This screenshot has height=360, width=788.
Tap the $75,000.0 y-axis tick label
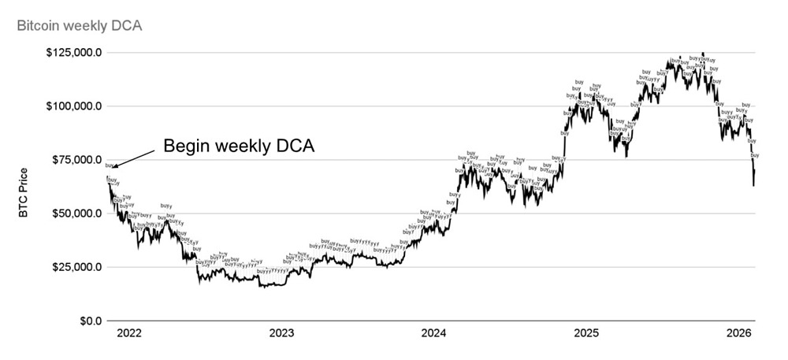(74, 160)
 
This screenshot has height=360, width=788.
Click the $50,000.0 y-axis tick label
(74, 213)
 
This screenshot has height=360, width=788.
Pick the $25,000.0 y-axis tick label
(74, 267)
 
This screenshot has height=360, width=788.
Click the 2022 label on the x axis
(128, 335)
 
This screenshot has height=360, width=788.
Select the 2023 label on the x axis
(281, 335)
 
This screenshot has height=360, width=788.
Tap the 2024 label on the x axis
(433, 335)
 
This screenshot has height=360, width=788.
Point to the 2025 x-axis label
(585, 335)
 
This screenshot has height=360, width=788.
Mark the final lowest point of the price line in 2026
(753, 186)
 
